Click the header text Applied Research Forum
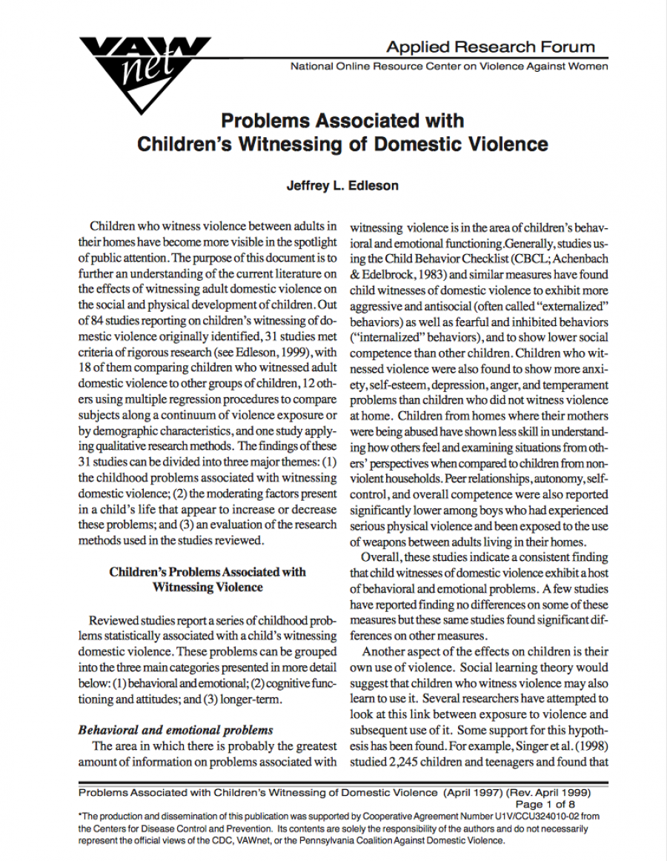click(490, 47)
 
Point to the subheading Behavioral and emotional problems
click(176, 729)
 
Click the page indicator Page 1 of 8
click(545, 804)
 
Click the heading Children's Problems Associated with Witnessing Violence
click(208, 579)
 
